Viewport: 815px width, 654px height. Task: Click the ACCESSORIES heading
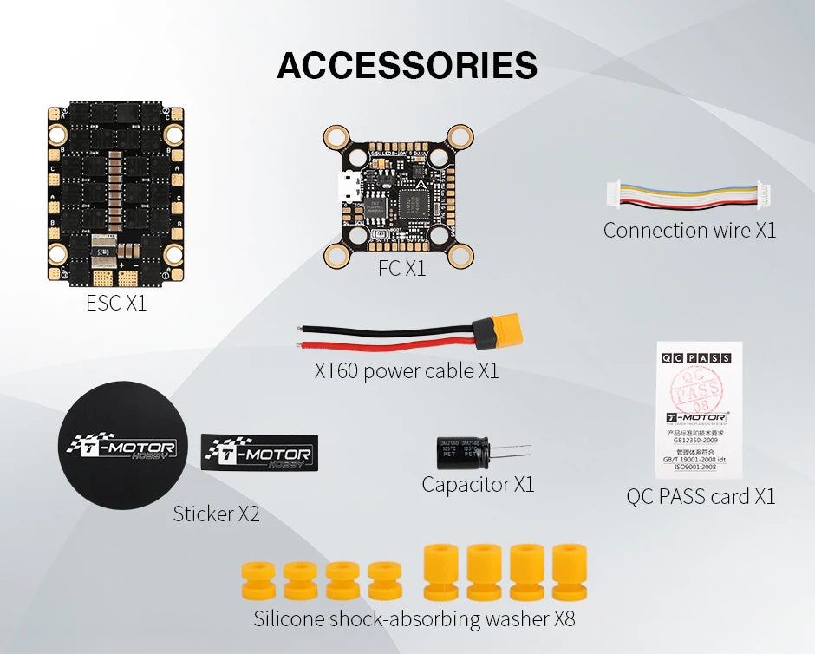(407, 65)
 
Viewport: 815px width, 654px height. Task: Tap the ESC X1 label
(116, 304)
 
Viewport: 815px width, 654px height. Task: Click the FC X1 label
(401, 269)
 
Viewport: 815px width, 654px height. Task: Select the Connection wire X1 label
(689, 230)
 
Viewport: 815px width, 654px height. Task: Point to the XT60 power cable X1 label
(407, 371)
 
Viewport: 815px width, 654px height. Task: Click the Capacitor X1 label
(478, 484)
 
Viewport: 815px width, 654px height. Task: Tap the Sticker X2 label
(216, 513)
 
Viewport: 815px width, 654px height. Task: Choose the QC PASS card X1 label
(701, 496)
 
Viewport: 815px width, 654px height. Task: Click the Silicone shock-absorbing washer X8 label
(414, 619)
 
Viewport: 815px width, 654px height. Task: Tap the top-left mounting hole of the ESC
(58, 134)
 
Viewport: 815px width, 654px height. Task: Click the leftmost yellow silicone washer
(258, 579)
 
